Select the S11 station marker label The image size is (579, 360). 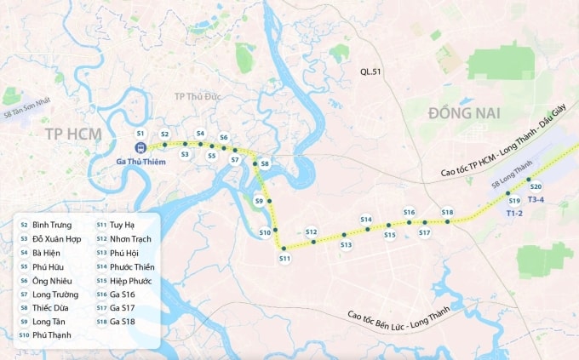(x=285, y=258)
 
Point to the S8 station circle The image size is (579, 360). (x=265, y=163)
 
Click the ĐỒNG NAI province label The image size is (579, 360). (x=465, y=113)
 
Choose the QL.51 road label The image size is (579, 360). (x=371, y=73)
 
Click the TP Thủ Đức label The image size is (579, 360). (x=198, y=96)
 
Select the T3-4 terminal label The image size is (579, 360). (x=536, y=199)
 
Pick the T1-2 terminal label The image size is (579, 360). (x=513, y=213)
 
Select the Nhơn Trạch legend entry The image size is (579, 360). (x=129, y=239)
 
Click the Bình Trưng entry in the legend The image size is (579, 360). (x=51, y=226)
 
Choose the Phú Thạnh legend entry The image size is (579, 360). (x=51, y=335)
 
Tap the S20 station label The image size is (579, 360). (x=536, y=186)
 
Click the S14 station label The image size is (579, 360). (x=366, y=220)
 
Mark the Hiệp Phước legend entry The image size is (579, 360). (x=130, y=280)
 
